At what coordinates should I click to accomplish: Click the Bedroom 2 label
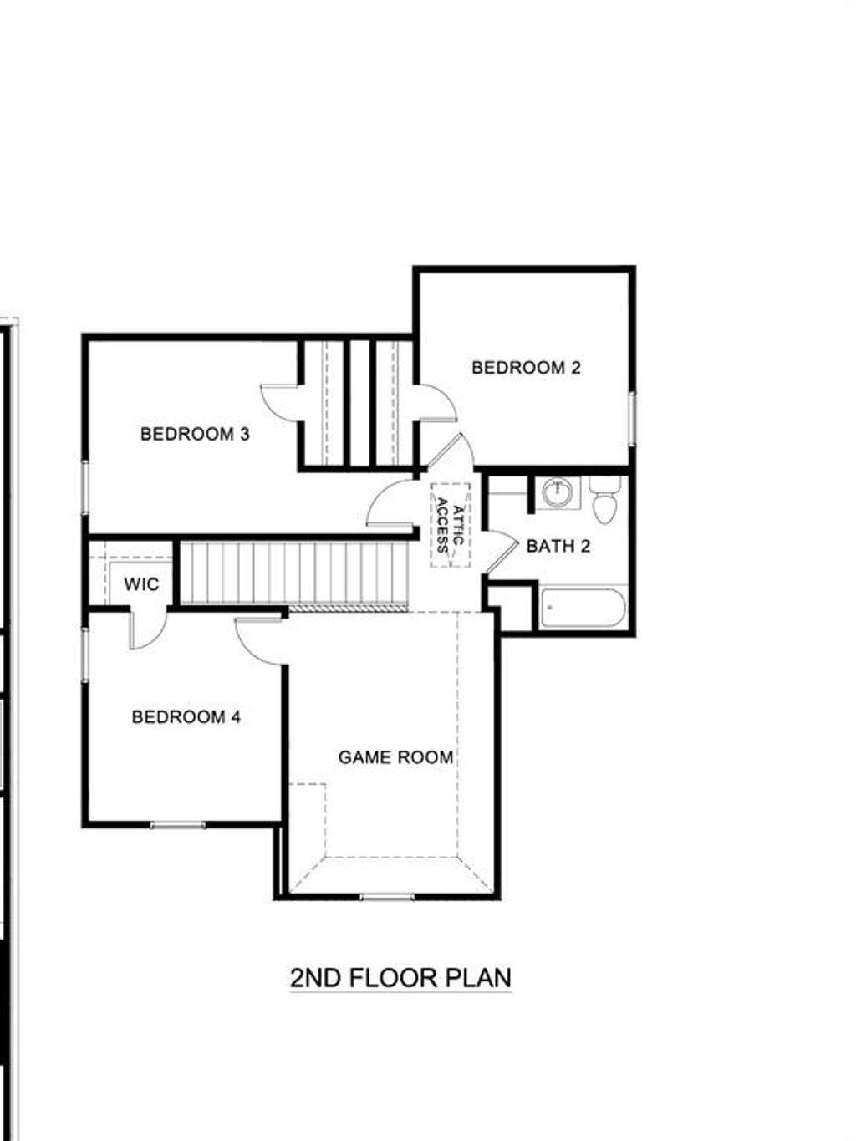(526, 368)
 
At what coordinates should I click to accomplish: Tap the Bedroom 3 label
(195, 435)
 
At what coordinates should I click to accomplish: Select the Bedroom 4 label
(186, 717)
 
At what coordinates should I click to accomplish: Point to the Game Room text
(395, 757)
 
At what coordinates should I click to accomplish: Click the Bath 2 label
(558, 547)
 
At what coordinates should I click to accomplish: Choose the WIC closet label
(141, 584)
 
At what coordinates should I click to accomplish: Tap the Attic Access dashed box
(450, 525)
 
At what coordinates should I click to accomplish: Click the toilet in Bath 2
(604, 502)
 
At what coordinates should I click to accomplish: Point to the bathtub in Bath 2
(583, 609)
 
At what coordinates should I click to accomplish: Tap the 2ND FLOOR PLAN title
(400, 978)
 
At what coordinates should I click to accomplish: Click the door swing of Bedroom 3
(280, 401)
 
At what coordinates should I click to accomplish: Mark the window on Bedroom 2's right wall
(633, 415)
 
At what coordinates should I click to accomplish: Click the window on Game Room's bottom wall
(387, 898)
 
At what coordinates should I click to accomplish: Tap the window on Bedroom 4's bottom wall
(177, 826)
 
